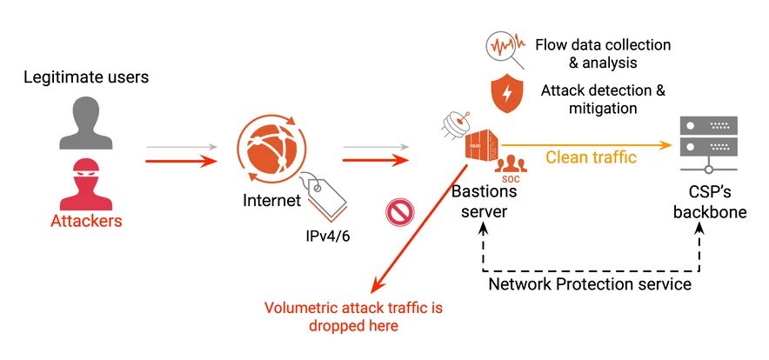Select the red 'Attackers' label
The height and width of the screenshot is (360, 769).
(x=85, y=221)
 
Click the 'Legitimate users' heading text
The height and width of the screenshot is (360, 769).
(x=85, y=77)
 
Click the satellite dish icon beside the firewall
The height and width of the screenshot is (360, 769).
(x=453, y=130)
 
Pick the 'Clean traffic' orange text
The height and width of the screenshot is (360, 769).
(x=591, y=157)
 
